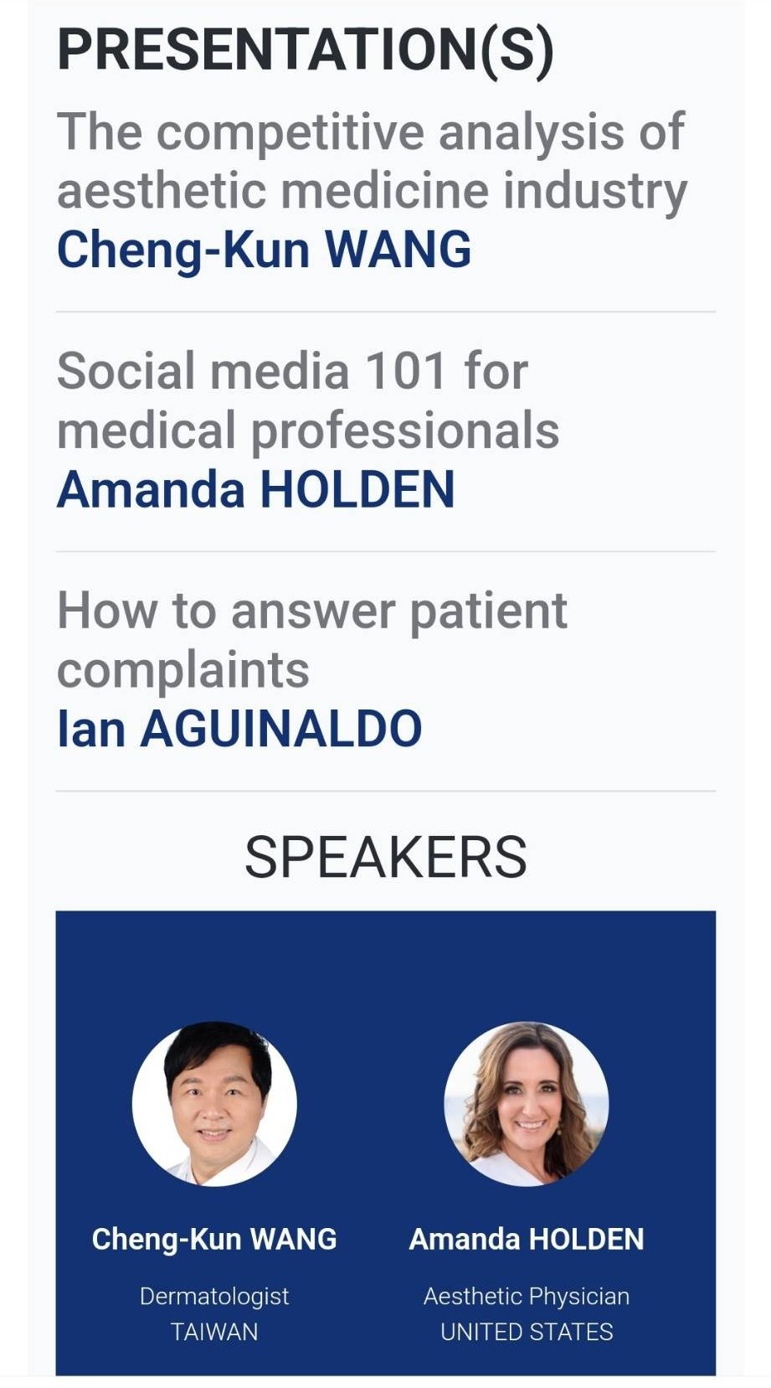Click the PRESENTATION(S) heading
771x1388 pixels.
(306, 49)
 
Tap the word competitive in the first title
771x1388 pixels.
(290, 133)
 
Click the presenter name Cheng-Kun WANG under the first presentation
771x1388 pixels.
(264, 250)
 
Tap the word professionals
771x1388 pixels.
(405, 432)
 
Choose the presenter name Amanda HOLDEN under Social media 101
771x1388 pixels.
(256, 489)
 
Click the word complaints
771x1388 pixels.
(183, 672)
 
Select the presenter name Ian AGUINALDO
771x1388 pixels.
(239, 729)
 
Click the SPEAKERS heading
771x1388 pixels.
(386, 857)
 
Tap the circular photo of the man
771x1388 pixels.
(214, 1103)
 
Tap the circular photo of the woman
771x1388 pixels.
(527, 1103)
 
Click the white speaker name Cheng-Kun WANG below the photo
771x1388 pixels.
(214, 1239)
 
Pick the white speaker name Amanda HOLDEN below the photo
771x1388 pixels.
(527, 1239)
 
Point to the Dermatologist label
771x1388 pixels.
(214, 1297)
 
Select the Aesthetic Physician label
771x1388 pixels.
(527, 1297)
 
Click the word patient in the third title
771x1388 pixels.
(489, 612)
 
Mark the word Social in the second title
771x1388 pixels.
(126, 371)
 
